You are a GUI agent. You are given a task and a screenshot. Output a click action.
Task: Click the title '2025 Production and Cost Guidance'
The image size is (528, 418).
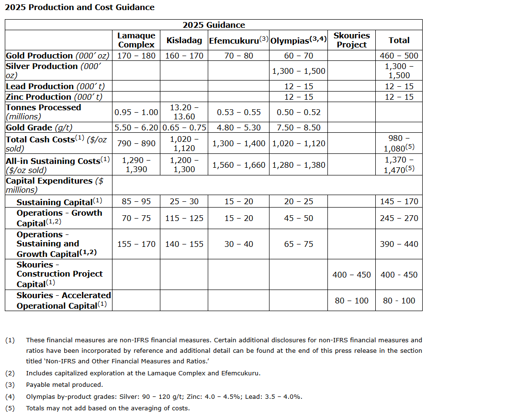[80, 7]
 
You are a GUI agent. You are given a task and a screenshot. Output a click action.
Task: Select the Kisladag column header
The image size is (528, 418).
[184, 40]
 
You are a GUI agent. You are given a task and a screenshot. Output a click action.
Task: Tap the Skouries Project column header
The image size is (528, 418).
[351, 40]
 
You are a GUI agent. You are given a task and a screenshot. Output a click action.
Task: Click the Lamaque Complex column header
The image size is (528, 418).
[136, 40]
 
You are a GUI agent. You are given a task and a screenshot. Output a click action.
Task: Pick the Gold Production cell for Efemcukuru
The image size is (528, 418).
[238, 56]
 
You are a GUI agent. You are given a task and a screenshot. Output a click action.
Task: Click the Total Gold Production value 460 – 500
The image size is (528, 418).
[399, 56]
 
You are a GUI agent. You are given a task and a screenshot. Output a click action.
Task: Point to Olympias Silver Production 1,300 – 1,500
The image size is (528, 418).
[298, 71]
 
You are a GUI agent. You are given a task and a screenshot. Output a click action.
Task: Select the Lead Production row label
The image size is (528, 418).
[55, 86]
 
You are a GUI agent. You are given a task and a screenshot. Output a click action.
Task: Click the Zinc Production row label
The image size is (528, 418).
[54, 97]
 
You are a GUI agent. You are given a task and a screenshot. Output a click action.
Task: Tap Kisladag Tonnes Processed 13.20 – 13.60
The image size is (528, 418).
[184, 112]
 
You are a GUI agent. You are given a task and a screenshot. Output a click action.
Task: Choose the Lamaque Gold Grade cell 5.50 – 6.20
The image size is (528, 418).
[136, 128]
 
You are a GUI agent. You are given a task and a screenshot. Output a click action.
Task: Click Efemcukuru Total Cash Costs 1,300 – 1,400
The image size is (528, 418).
[238, 143]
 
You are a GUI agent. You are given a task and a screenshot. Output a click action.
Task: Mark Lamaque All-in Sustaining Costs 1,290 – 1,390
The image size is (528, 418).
[136, 165]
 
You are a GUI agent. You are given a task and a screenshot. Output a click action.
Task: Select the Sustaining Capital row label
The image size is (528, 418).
[59, 202]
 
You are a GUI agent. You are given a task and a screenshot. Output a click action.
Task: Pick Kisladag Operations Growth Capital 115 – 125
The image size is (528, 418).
[184, 218]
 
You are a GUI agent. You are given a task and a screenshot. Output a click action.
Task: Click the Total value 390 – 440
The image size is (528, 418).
[399, 244]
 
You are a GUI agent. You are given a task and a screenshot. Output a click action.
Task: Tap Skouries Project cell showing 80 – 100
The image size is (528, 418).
[351, 301]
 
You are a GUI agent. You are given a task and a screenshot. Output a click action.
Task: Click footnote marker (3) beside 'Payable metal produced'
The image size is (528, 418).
[10, 384]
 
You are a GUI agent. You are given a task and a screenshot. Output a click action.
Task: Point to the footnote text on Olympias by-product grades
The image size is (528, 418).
[164, 396]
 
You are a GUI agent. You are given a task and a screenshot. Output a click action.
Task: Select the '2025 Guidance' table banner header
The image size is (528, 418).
[213, 25]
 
